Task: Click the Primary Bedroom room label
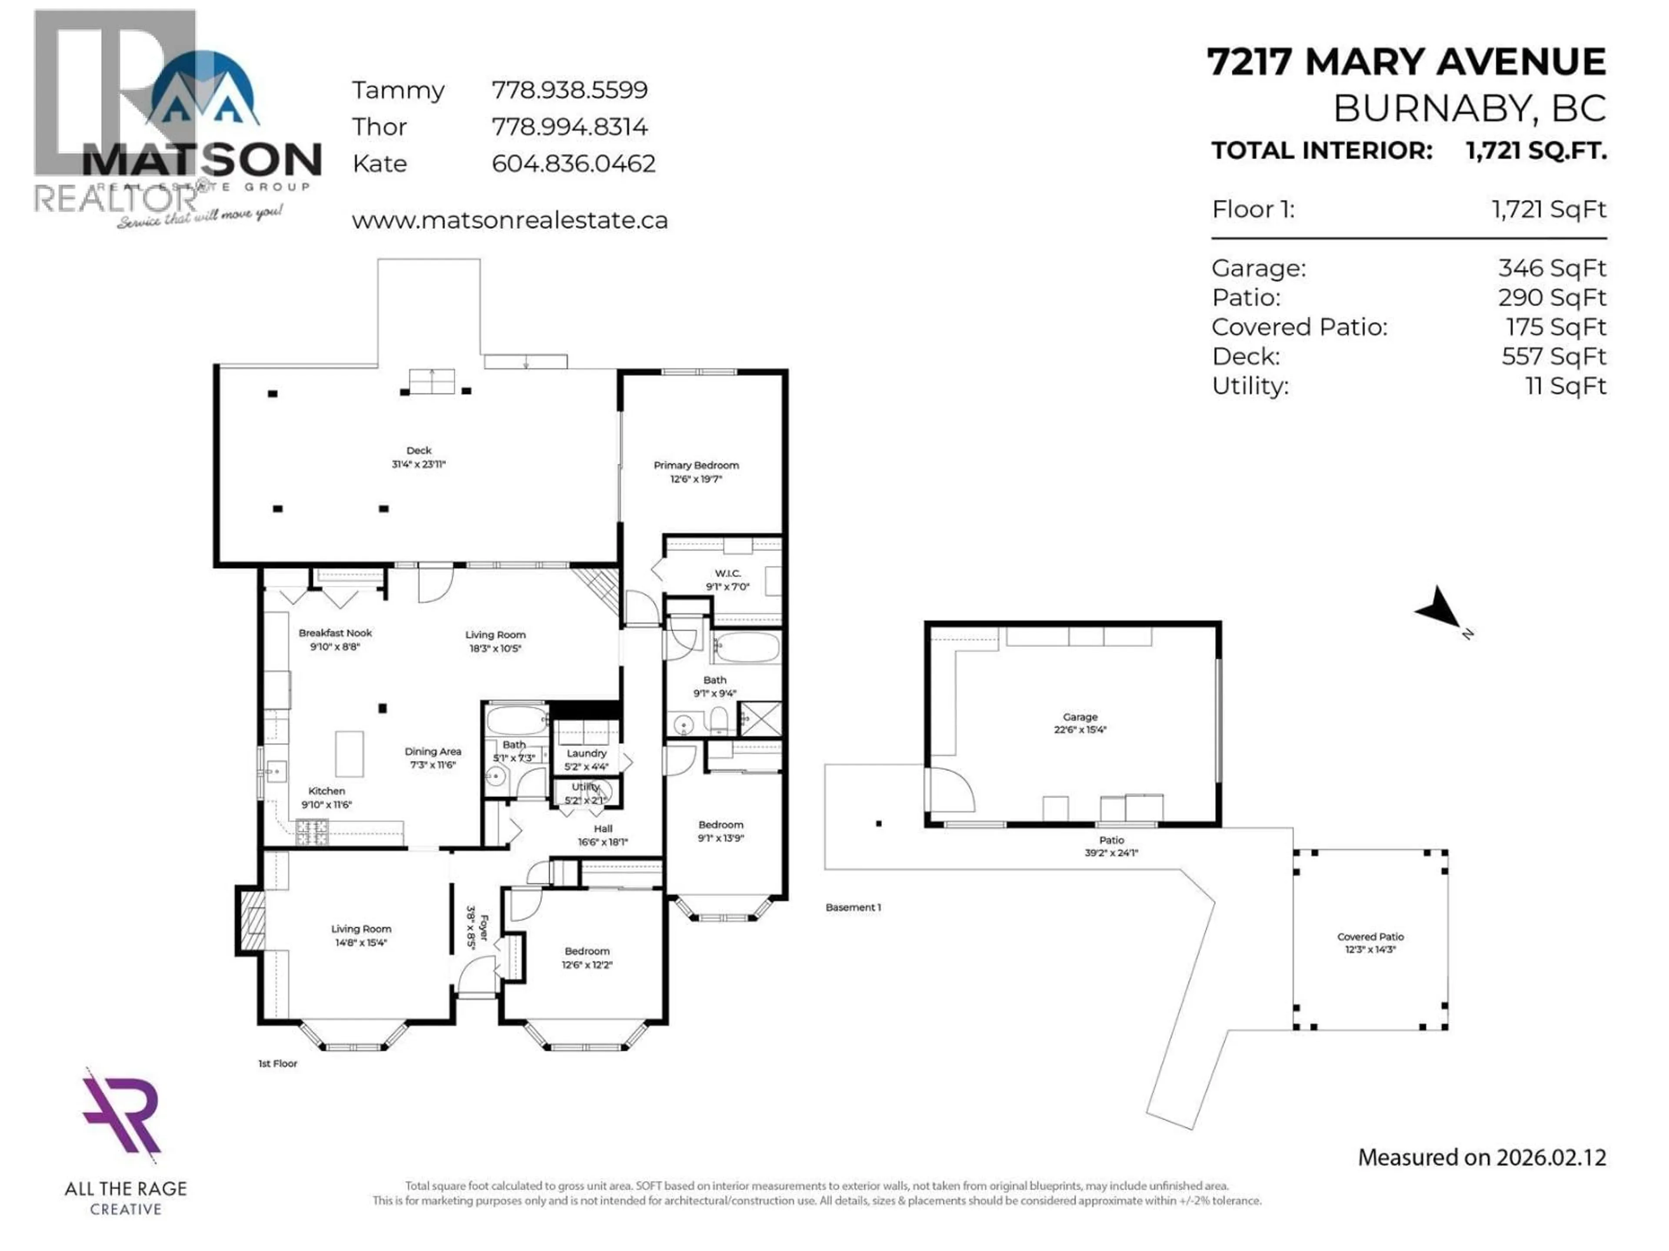696,465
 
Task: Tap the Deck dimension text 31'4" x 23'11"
419,464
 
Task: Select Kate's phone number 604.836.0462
573,164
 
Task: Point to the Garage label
1080,717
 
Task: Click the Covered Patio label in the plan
1370,937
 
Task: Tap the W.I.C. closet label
727,573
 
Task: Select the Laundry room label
586,753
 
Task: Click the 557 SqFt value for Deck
1553,357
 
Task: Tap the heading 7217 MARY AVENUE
1406,62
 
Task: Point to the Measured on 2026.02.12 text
1482,1158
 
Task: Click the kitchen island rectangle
349,753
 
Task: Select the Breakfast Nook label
335,633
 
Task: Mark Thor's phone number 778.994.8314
570,127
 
